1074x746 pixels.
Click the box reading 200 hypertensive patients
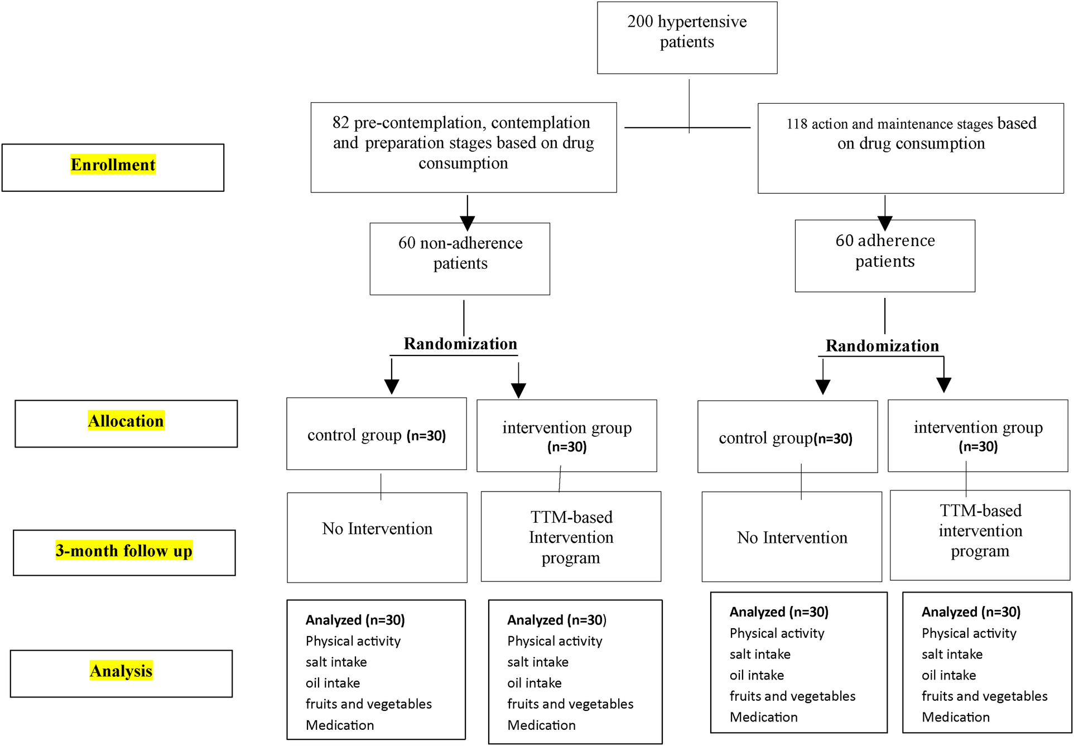coord(687,37)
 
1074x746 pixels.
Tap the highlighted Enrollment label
coord(113,165)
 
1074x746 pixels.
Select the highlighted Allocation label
coord(126,421)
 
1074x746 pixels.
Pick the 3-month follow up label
coord(124,551)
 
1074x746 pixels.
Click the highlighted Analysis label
coord(121,671)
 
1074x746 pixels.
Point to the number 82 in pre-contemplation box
coord(340,123)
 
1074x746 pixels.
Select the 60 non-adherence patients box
coord(460,258)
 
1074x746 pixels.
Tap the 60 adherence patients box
coord(885,256)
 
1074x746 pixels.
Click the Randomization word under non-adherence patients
coord(460,344)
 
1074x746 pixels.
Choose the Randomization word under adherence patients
coord(882,346)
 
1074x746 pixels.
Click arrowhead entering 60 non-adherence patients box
coord(468,224)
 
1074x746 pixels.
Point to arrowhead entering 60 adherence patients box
coord(885,223)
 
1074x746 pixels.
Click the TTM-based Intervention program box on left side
coord(571,537)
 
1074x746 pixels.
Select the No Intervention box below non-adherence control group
coord(377,537)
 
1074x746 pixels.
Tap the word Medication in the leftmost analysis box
coord(340,725)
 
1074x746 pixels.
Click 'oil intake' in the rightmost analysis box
coord(948,676)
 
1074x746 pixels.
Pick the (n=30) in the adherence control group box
coord(833,439)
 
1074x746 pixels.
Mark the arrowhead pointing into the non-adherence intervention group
coord(518,391)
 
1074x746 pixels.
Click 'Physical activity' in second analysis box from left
coord(555,642)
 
